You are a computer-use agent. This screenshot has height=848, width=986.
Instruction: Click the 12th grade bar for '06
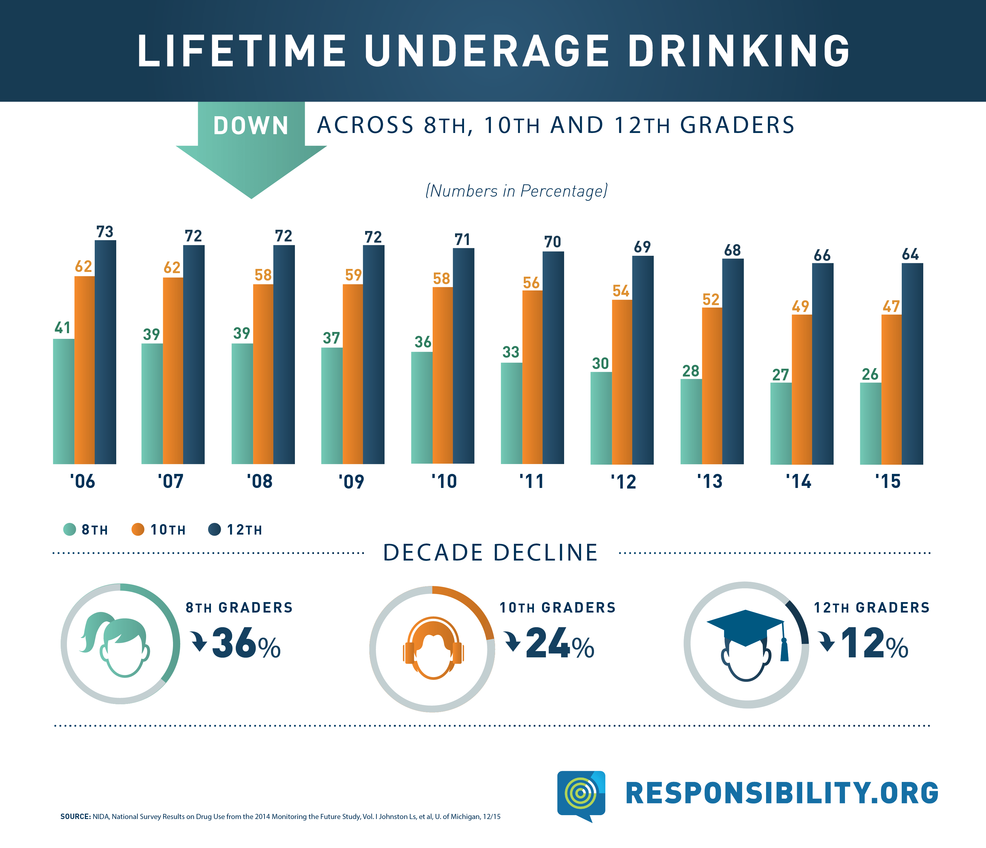(x=105, y=352)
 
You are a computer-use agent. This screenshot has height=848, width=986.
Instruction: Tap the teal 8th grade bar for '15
(x=870, y=423)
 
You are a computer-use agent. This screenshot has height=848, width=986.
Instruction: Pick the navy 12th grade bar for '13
(x=733, y=362)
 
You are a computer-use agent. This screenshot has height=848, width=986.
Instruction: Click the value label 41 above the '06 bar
(x=62, y=328)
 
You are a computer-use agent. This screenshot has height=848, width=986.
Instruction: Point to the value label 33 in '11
(x=511, y=352)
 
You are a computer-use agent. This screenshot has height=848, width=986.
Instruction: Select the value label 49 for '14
(x=800, y=307)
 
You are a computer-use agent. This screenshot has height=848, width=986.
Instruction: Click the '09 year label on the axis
(x=351, y=482)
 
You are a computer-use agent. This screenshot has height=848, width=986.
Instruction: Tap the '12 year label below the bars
(x=623, y=482)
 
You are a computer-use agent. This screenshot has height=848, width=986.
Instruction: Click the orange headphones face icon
(x=433, y=648)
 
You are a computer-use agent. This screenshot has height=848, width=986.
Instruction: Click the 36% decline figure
(x=245, y=643)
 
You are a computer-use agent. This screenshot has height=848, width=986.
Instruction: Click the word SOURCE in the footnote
(x=75, y=817)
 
